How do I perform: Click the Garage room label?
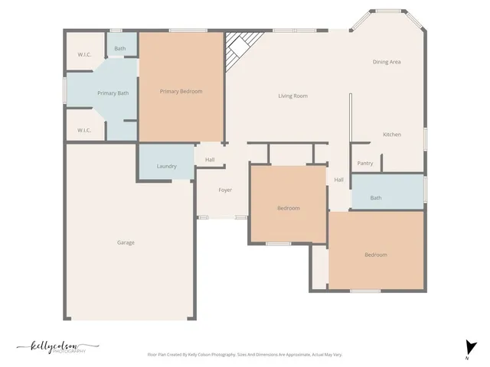pyautogui.click(x=126, y=242)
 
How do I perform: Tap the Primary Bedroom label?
pyautogui.click(x=181, y=92)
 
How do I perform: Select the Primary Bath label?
pyautogui.click(x=113, y=93)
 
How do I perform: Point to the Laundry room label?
pyautogui.click(x=166, y=166)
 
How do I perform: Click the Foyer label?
pyautogui.click(x=225, y=190)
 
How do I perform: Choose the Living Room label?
pyautogui.click(x=292, y=96)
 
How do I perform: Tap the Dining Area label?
pyautogui.click(x=387, y=62)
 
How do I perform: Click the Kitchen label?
pyautogui.click(x=391, y=135)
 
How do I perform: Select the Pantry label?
pyautogui.click(x=365, y=163)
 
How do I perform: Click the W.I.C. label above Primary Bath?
pyautogui.click(x=84, y=55)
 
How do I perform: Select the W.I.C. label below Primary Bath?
pyautogui.click(x=84, y=130)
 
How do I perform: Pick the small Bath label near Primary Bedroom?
pyautogui.click(x=120, y=49)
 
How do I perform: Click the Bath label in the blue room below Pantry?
pyautogui.click(x=376, y=198)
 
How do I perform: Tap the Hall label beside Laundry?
pyautogui.click(x=210, y=160)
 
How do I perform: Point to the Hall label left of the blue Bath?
pyautogui.click(x=338, y=180)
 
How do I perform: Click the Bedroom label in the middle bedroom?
pyautogui.click(x=288, y=208)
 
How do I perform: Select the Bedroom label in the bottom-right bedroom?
pyautogui.click(x=375, y=255)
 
